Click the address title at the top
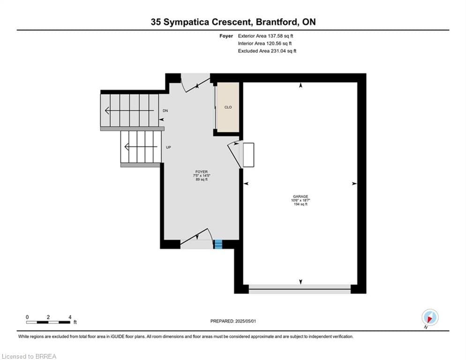pos(233,22)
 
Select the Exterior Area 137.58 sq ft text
pos(266,36)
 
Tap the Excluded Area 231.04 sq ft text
pos(267,51)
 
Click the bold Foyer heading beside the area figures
pos(226,36)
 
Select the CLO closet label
pos(228,107)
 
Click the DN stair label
pos(165,111)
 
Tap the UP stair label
pos(168,147)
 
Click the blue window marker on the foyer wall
pos(218,244)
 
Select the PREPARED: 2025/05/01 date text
pos(233,321)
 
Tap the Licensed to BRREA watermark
pos(29,357)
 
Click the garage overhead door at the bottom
pos(300,290)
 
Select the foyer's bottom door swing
pos(196,238)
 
